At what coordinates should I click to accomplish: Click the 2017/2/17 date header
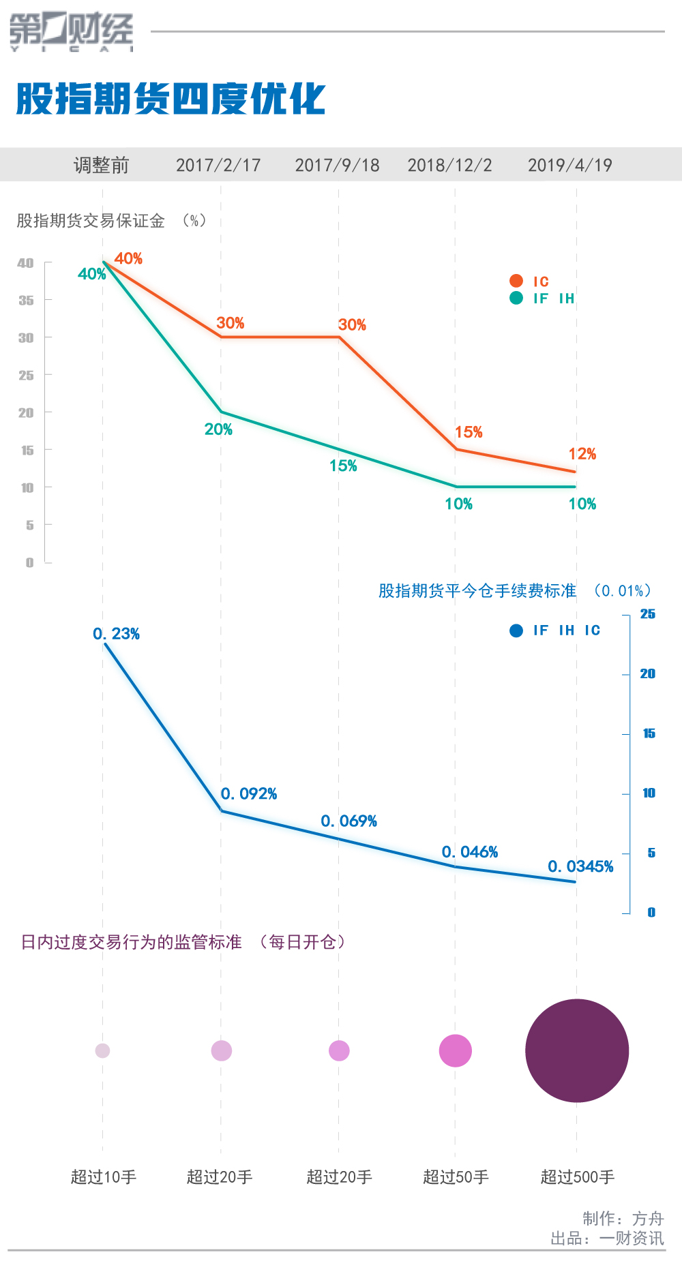click(218, 165)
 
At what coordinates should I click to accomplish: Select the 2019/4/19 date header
click(569, 165)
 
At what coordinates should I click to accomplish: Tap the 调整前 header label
click(101, 165)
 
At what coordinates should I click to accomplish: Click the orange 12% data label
click(582, 454)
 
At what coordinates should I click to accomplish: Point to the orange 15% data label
click(469, 432)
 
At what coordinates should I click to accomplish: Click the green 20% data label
click(218, 429)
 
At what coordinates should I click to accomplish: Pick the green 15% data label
click(343, 466)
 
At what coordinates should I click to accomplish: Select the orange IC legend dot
click(516, 281)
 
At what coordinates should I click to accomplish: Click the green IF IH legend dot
click(516, 298)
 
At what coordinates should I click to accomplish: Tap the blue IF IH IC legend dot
click(516, 630)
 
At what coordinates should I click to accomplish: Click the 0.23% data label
click(116, 634)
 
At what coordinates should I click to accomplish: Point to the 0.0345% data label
click(580, 866)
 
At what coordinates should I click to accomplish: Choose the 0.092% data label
click(248, 794)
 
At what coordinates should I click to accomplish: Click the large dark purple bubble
click(577, 1050)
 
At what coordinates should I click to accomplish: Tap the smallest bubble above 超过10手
click(102, 1050)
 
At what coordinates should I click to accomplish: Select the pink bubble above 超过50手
click(456, 1050)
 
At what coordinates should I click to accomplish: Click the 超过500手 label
click(577, 1177)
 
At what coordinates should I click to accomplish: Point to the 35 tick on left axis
click(26, 301)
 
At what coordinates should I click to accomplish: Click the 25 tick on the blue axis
click(647, 614)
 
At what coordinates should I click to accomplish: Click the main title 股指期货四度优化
click(170, 100)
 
